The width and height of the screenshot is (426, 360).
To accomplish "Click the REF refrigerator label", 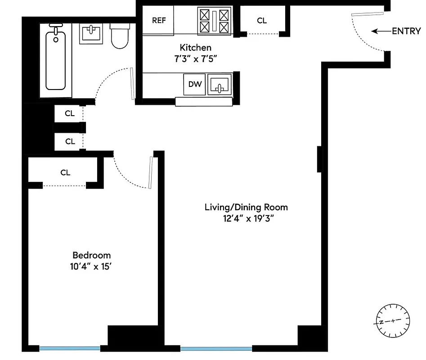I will pos(158,20).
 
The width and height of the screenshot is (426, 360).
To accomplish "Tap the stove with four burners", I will pos(214,21).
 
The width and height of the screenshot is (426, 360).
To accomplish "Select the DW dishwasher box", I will pos(195,84).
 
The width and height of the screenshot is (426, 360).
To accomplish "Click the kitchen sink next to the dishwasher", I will pos(220,85).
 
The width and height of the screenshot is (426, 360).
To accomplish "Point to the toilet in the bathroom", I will pos(120,35).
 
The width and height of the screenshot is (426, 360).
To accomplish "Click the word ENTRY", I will pos(406,31).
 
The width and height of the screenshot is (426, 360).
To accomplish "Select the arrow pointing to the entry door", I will pos(381,31).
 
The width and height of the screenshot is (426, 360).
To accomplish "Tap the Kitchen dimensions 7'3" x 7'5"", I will pos(195,58).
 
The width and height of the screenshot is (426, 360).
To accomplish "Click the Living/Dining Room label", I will pos(246,207).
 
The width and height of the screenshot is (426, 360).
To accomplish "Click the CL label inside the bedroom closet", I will pos(65,172).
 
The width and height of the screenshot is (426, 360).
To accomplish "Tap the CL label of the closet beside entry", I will pos(262,20).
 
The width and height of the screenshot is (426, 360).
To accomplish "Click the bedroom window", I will pos(70,348).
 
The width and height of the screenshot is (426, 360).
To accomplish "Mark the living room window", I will pos(216,348).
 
